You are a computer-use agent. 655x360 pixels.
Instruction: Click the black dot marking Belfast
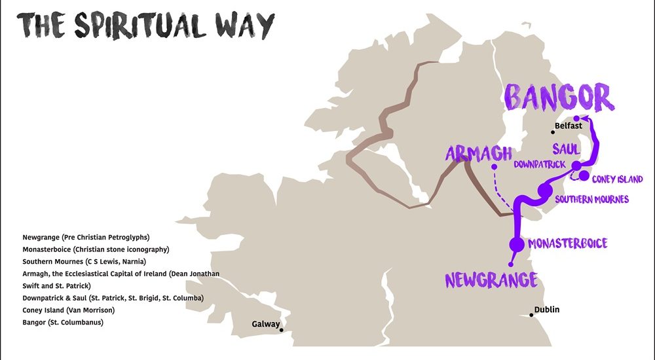(x=553, y=132)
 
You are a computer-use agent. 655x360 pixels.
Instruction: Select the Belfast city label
(x=568, y=126)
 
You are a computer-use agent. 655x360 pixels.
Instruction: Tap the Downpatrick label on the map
(x=540, y=164)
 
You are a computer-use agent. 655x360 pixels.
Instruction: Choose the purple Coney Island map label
(x=617, y=179)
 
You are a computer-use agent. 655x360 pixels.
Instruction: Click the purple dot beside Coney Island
(x=584, y=175)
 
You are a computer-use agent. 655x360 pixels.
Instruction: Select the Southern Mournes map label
(x=591, y=199)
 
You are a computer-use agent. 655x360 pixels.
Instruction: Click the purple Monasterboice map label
(x=568, y=243)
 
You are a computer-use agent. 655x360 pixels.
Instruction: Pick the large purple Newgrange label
(x=491, y=280)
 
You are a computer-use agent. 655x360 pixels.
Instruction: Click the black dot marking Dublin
(x=531, y=315)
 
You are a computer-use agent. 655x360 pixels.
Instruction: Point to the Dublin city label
(x=547, y=310)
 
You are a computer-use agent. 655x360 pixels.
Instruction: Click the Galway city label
(x=266, y=324)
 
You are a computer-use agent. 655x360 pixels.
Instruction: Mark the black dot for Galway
(x=282, y=330)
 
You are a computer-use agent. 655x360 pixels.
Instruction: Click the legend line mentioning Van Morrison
(x=69, y=310)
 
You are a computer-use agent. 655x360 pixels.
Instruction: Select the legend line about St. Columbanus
(x=63, y=322)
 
